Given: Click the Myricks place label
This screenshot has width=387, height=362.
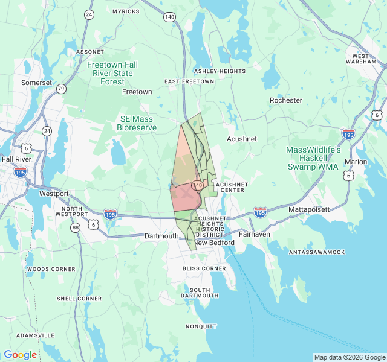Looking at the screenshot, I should pos(125,11).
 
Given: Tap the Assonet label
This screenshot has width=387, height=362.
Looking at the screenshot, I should pos(90,52).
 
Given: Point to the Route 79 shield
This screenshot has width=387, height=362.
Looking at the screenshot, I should pos(61,89).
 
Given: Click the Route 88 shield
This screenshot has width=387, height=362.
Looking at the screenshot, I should pos(75,227).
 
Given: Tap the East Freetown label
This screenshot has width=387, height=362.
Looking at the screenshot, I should pos(189,81).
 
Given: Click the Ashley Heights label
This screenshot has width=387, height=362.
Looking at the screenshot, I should pos(220,71).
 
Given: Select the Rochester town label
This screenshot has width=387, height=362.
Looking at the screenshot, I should pos(285,100).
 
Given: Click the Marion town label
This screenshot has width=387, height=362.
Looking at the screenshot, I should pos(356,162).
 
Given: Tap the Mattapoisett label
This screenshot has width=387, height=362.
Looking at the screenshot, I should pos(309,209).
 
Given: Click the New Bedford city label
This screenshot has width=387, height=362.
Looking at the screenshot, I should pos(213,243).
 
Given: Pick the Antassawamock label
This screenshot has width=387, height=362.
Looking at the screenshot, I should pos(316,252).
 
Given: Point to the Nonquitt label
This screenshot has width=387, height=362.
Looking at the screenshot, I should pos(201,326).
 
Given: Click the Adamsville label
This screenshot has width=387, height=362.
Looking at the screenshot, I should pos(35,335).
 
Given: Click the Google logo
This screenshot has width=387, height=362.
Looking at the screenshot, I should pos(20,355).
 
